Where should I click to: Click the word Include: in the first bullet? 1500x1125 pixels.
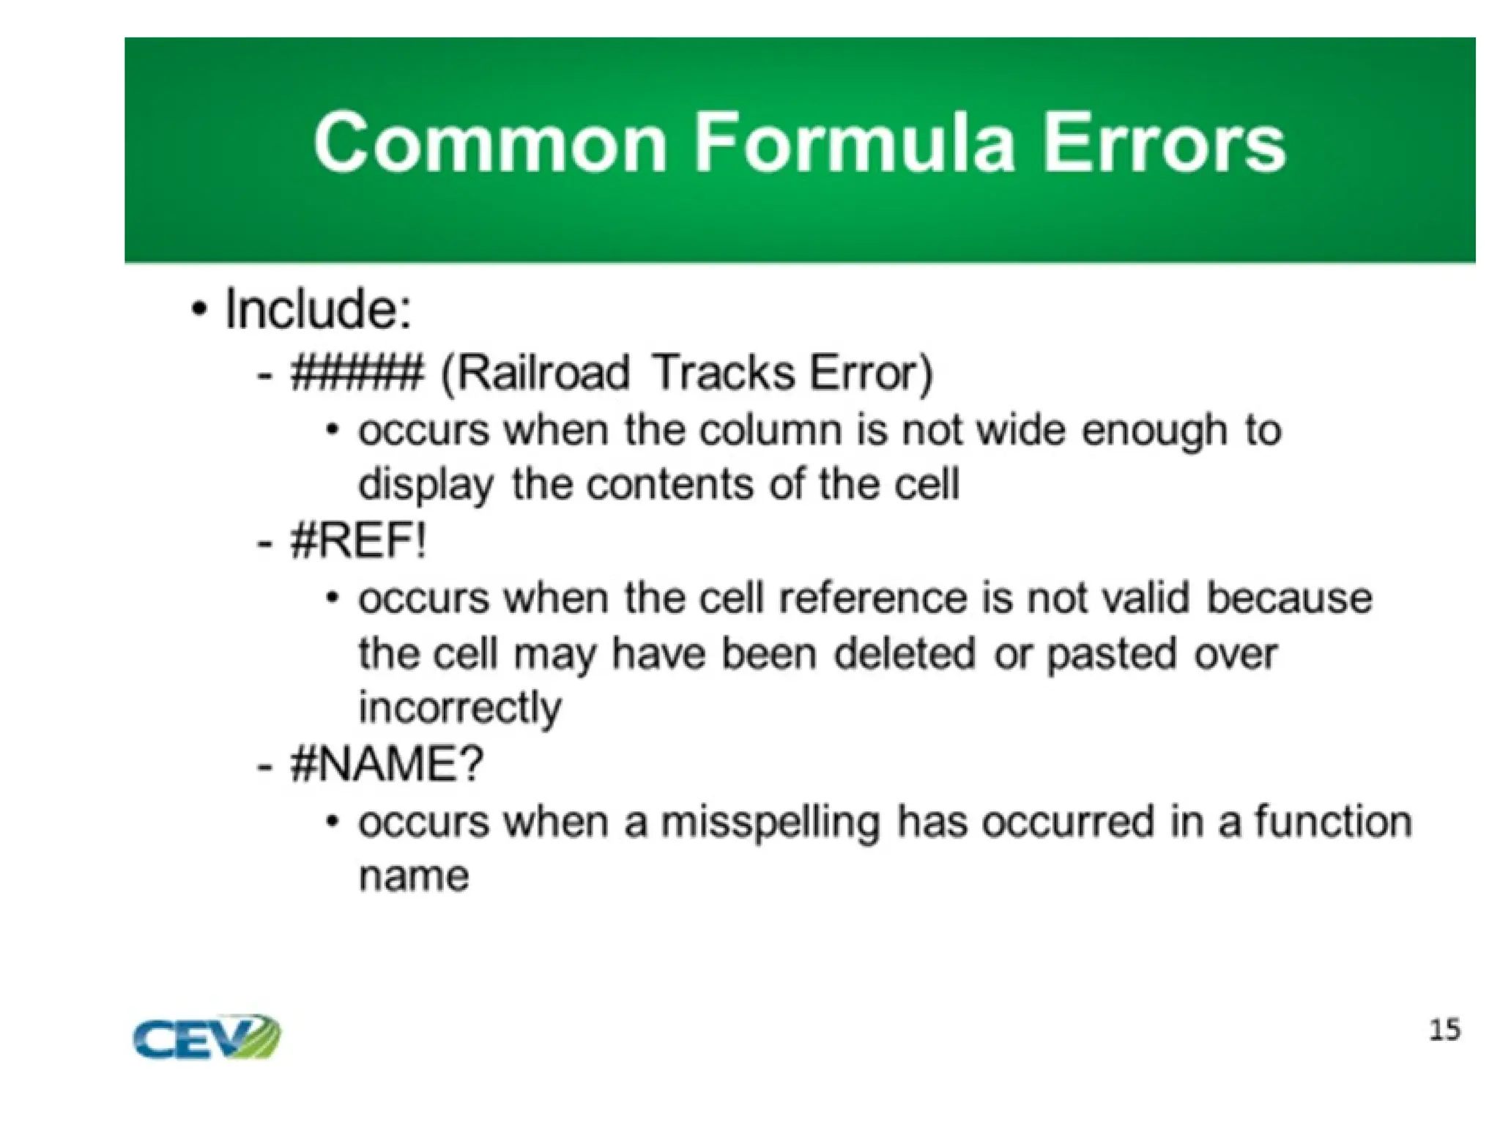318,310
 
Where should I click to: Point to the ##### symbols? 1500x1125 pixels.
357,373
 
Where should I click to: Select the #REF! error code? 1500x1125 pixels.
358,542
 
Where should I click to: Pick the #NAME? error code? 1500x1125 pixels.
387,765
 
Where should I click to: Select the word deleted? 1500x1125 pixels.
905,653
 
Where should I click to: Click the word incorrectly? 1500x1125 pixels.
460,709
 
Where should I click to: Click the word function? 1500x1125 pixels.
1333,821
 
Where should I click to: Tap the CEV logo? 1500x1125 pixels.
207,1036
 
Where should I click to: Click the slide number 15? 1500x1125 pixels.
1444,1031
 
